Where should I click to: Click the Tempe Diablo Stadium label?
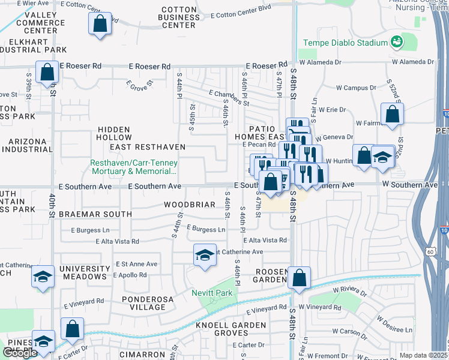[345, 43]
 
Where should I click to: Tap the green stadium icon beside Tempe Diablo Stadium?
[396, 42]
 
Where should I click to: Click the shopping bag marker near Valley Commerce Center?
[100, 25]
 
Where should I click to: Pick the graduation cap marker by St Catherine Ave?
[205, 255]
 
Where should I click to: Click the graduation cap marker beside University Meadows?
[43, 277]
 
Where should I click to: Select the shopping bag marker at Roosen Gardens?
[299, 278]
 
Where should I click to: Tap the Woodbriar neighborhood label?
[190, 205]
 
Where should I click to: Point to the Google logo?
[20, 353]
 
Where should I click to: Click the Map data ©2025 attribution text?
[424, 355]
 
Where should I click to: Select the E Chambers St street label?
[229, 97]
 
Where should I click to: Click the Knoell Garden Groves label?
[231, 329]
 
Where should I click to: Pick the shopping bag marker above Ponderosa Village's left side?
[72, 329]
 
